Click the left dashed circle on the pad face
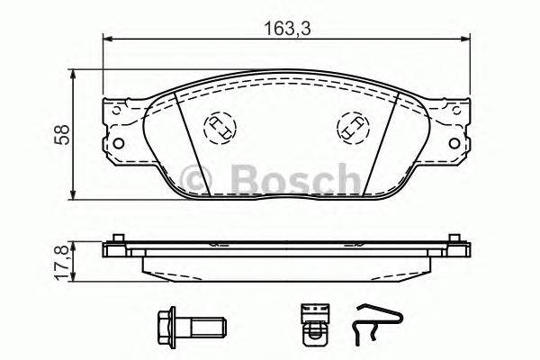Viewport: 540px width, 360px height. [x=219, y=128]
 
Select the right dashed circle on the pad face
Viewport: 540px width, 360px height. [x=351, y=128]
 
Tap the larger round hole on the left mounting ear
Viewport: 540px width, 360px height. [x=116, y=140]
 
